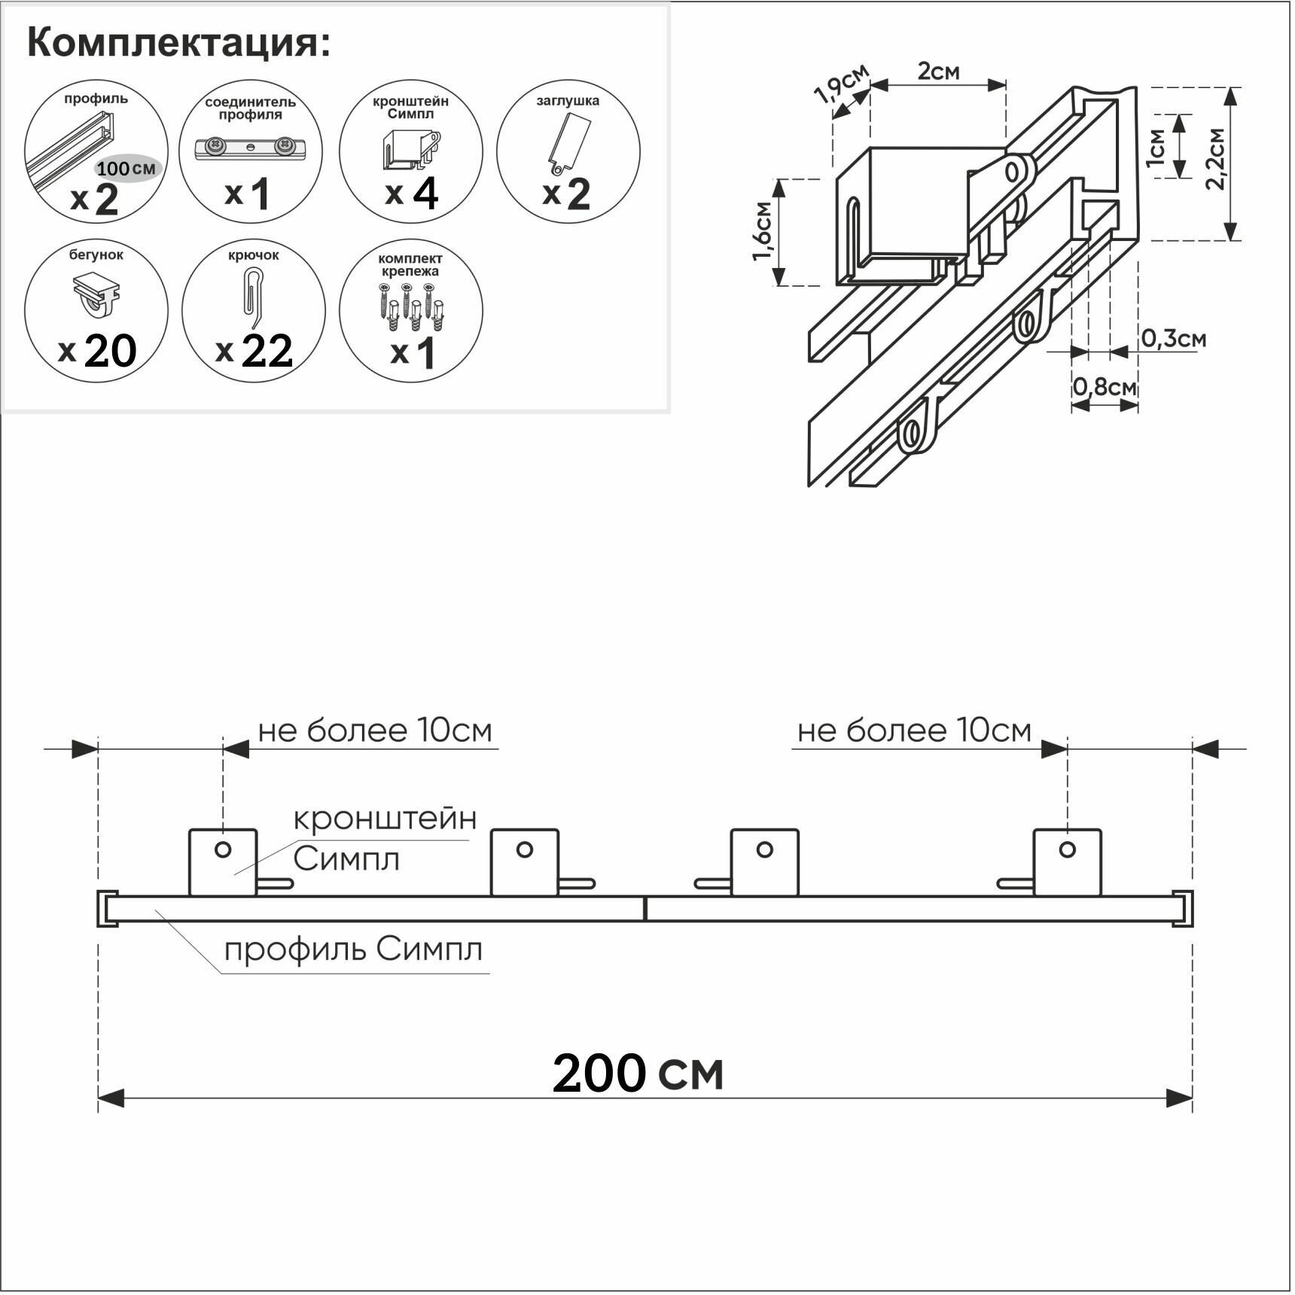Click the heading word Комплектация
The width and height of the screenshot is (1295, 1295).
click(x=178, y=43)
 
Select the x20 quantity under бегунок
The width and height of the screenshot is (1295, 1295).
click(x=98, y=351)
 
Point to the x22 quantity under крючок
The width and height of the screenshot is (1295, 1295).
click(x=254, y=351)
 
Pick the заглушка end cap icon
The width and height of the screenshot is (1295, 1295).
click(x=568, y=142)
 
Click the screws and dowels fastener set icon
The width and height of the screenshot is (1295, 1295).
click(x=410, y=305)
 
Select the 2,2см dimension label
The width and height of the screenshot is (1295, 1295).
click(x=1214, y=159)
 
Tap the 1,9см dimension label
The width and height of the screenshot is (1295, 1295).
click(x=842, y=83)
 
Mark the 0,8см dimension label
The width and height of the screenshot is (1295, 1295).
click(x=1104, y=387)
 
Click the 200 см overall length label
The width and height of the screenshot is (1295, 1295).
click(x=638, y=1074)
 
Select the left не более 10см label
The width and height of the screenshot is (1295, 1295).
click(x=375, y=730)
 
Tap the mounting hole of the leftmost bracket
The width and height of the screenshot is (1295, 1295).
click(x=223, y=849)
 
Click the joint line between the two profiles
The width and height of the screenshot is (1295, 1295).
click(x=645, y=909)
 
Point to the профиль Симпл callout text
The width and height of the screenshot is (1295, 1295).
click(x=353, y=949)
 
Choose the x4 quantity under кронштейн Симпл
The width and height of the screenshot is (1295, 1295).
click(x=411, y=194)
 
